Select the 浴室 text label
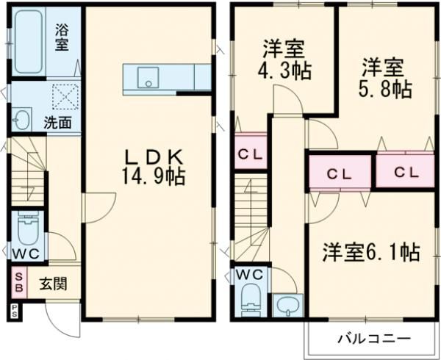[x=62, y=38]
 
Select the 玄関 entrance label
[x=51, y=283]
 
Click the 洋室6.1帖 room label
[x=371, y=253]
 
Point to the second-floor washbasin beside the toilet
[x=287, y=305]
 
